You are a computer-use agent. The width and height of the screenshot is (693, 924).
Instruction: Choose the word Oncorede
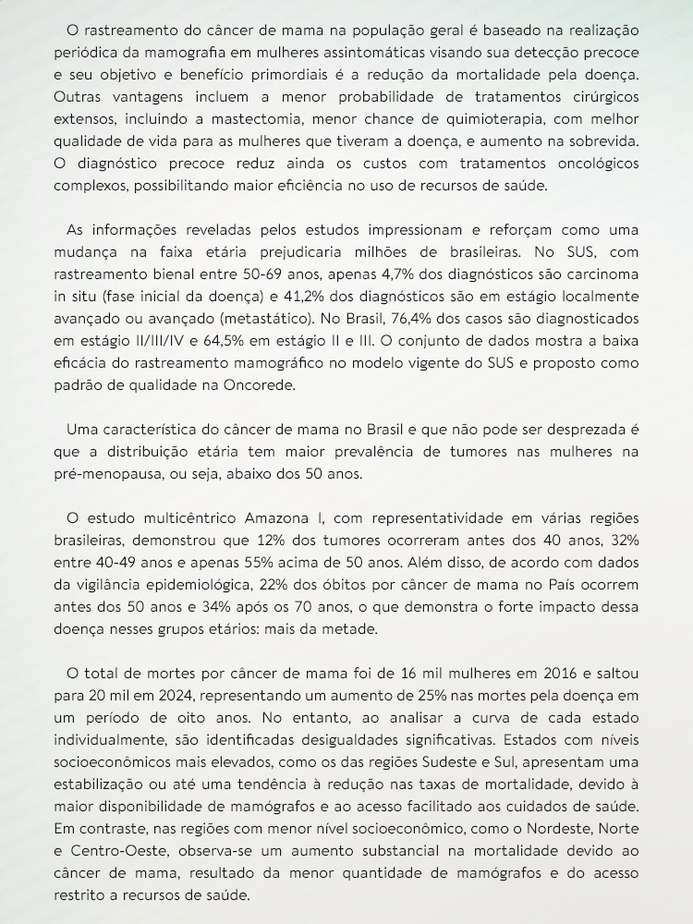[252, 384]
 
